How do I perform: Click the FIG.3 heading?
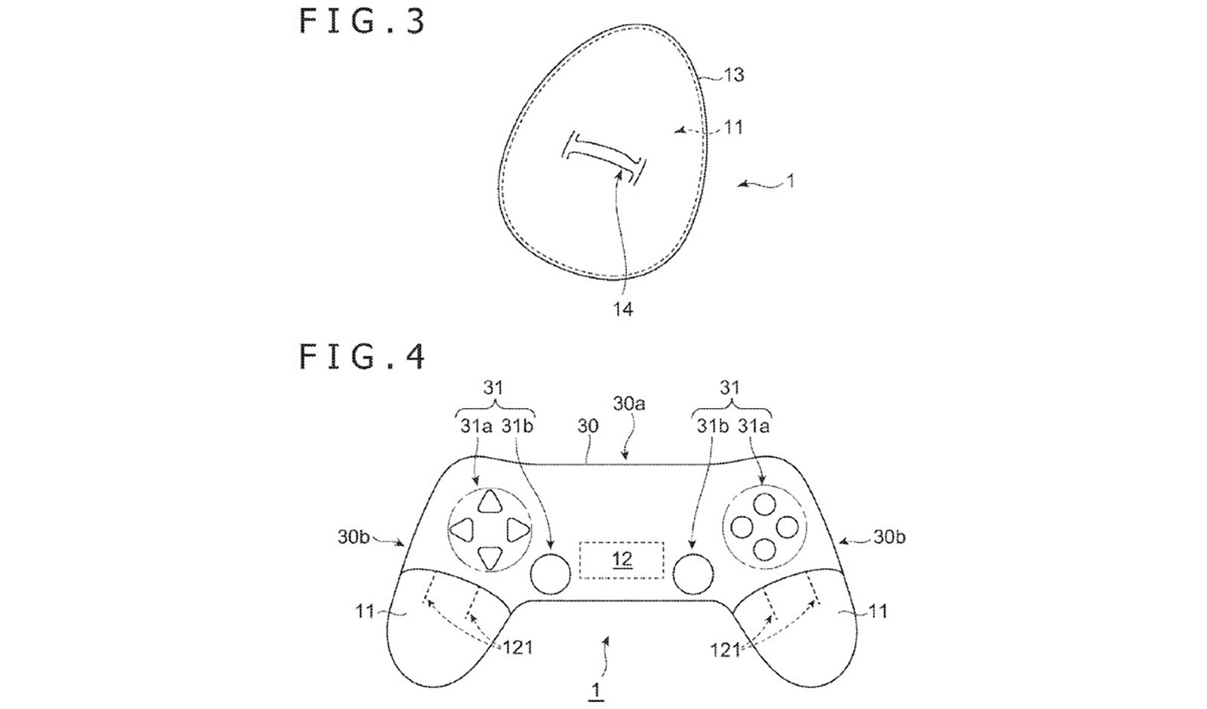[x=362, y=21]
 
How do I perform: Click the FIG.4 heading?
[x=362, y=356]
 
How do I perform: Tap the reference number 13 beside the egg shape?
[x=733, y=75]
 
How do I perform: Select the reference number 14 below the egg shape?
[x=623, y=309]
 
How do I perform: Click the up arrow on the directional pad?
[x=490, y=501]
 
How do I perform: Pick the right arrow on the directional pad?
[x=517, y=529]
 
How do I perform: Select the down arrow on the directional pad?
[x=490, y=557]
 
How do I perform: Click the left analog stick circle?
[x=551, y=575]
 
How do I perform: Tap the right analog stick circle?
[x=693, y=575]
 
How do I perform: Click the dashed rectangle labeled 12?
[x=622, y=560]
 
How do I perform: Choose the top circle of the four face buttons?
[x=764, y=502]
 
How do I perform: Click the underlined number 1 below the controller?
[x=597, y=689]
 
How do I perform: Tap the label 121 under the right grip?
[x=725, y=648]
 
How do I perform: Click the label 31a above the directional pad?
[x=477, y=426]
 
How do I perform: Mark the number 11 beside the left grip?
[x=366, y=611]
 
